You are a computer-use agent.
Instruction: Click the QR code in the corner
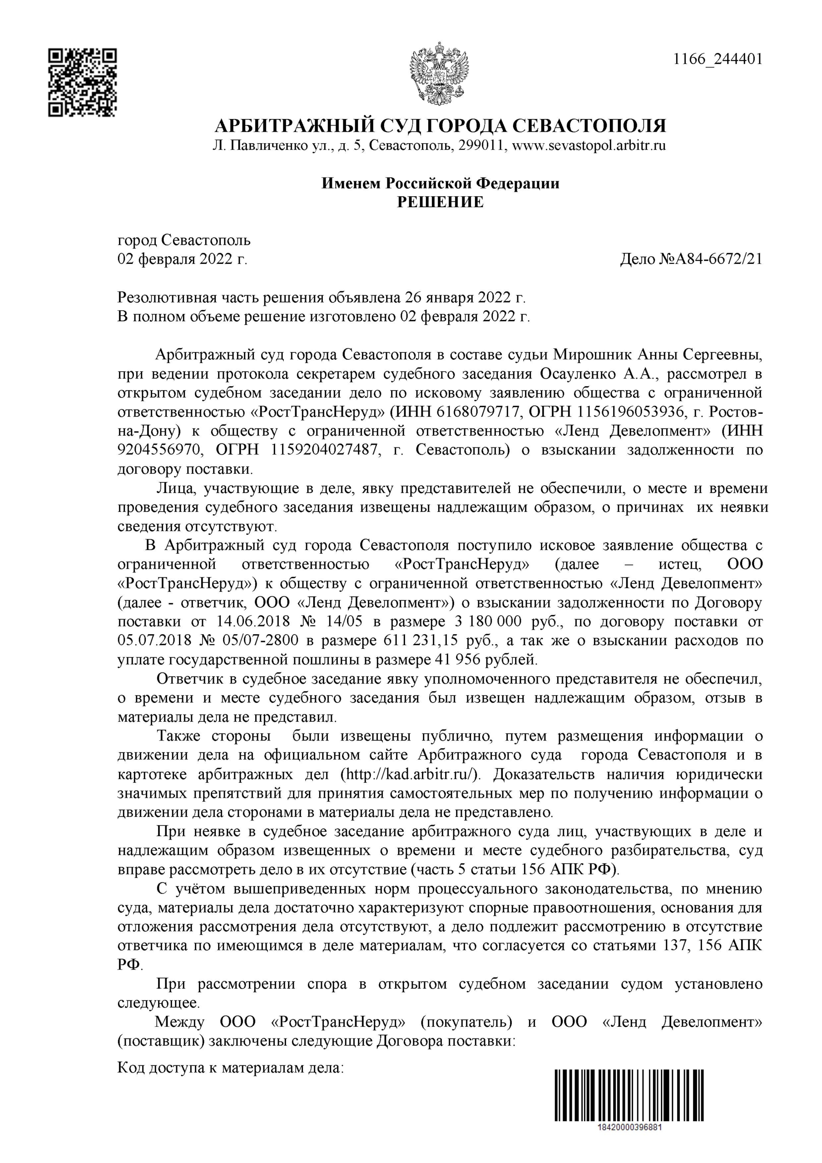83,82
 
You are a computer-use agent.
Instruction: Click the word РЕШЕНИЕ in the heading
440,202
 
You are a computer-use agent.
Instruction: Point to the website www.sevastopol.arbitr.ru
589,146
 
